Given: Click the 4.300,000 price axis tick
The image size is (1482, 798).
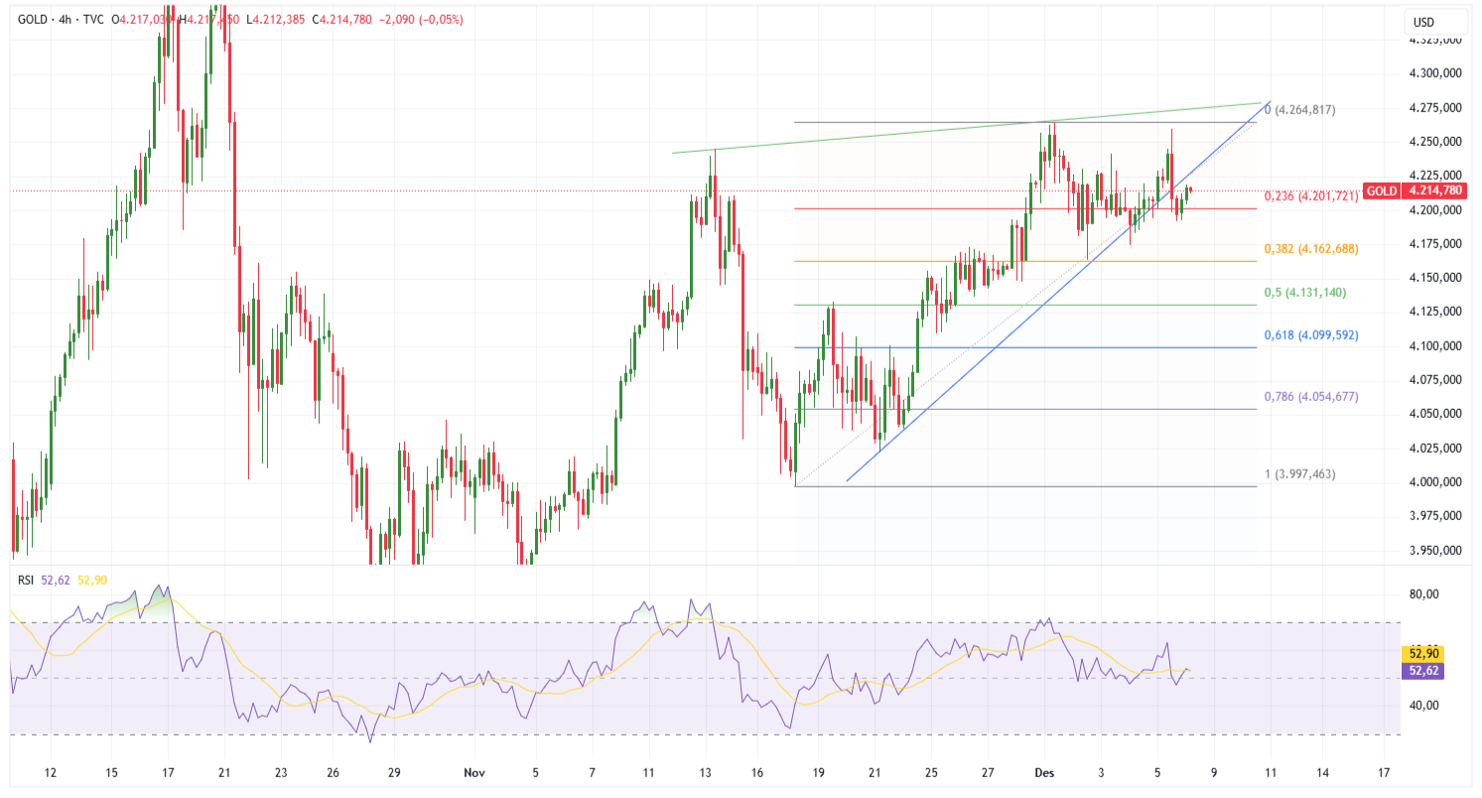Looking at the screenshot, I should [x=1434, y=73].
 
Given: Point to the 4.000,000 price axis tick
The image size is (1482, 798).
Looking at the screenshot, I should [x=1434, y=481].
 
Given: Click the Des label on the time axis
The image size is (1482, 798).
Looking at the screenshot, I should [x=1044, y=771].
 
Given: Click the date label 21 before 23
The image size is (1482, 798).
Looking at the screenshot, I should [x=224, y=771].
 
